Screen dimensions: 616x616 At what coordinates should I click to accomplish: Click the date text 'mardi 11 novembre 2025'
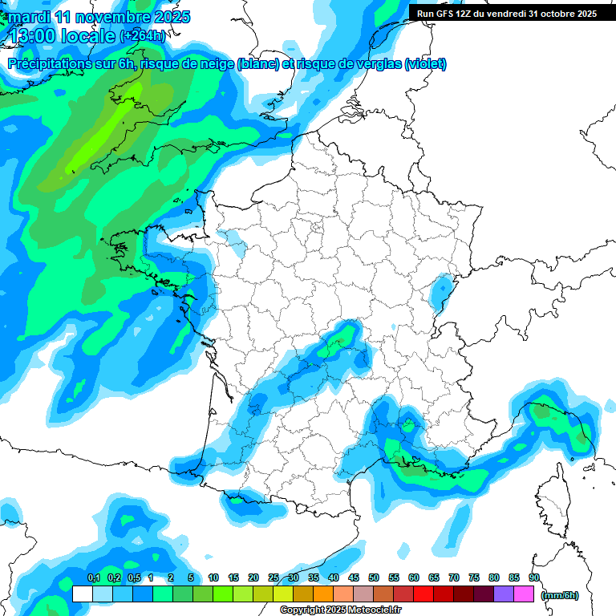[x=99, y=17]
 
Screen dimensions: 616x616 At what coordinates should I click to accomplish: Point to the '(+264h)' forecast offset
[x=143, y=36]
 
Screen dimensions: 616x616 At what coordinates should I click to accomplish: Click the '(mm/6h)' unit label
[x=560, y=595]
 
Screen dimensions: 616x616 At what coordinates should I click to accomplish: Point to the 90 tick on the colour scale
[x=533, y=577]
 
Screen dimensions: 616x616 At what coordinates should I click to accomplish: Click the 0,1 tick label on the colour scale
[x=93, y=577]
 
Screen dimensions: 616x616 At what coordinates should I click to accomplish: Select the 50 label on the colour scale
[x=374, y=577]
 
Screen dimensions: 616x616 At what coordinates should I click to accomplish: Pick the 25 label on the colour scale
[x=274, y=577]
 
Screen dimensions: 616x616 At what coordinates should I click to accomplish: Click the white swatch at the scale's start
[x=82, y=594]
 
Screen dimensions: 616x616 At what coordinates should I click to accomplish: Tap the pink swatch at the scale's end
[x=524, y=594]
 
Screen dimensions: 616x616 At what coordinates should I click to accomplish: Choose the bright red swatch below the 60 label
[x=423, y=594]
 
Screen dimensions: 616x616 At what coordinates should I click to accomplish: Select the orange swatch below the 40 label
[x=323, y=594]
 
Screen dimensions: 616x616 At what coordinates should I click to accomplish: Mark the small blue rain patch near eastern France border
[x=440, y=290]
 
